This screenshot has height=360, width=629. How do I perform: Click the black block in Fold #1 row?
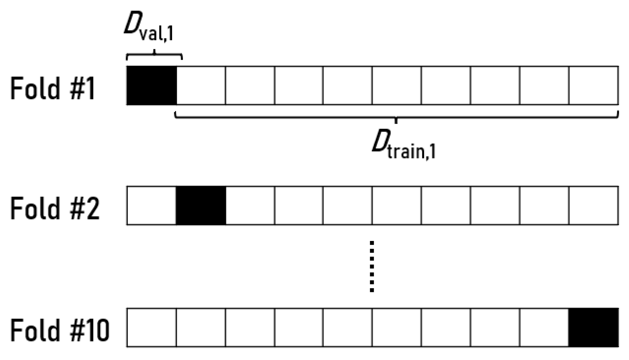coord(151,86)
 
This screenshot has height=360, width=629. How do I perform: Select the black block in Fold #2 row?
coord(201,206)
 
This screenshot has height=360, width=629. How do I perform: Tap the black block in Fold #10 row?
coord(593,327)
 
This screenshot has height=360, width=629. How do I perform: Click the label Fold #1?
coord(53,88)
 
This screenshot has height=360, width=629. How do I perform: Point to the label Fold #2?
coord(55,208)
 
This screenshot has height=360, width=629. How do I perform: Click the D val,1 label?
coord(149,27)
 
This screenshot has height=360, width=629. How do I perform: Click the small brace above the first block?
coord(154,56)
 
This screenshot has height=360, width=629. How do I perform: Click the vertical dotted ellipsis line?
coord(372,266)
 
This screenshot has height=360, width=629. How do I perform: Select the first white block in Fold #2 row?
coord(151,206)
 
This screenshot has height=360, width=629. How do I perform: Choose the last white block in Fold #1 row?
coord(593,86)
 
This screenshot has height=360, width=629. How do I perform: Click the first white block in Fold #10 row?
coord(151,327)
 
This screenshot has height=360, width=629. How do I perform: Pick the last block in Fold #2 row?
coord(593,206)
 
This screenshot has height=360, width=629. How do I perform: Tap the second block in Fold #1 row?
coord(201,86)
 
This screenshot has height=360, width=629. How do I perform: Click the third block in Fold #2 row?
coord(250,206)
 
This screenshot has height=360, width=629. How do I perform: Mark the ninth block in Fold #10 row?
coord(544,327)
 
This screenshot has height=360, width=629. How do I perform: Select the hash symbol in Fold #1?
coord(77,88)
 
